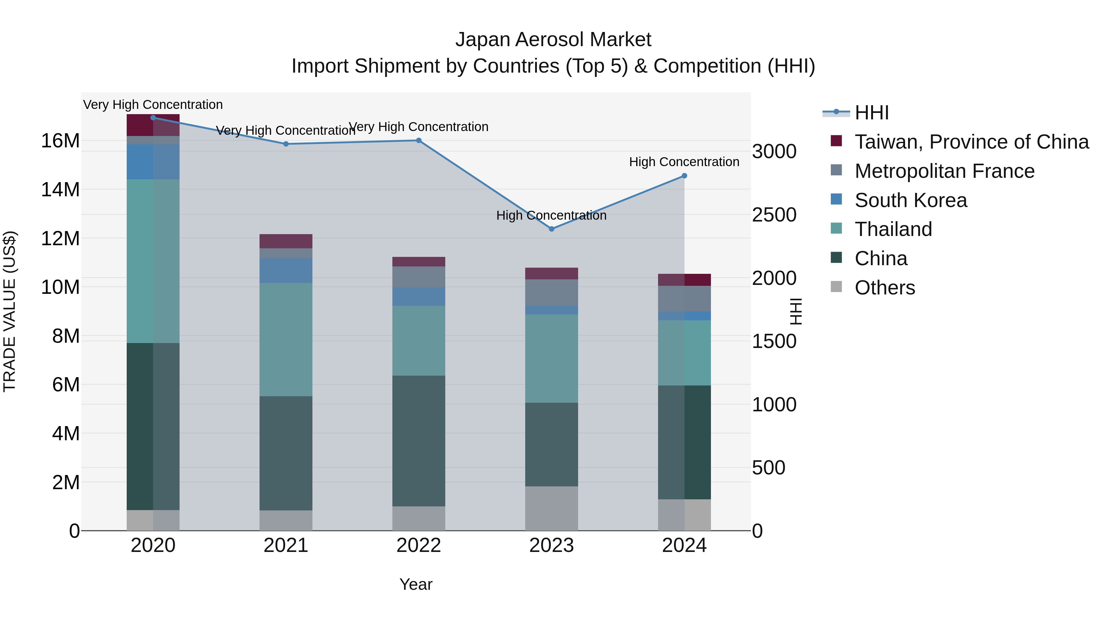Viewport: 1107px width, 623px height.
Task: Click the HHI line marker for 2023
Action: pyautogui.click(x=552, y=229)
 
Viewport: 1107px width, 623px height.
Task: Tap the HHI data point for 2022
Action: pyautogui.click(x=419, y=141)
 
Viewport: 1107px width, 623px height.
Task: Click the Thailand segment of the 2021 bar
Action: pyautogui.click(x=286, y=340)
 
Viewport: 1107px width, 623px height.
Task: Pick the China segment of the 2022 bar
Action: pyautogui.click(x=419, y=441)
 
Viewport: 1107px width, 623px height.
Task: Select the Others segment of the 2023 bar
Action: pyautogui.click(x=552, y=508)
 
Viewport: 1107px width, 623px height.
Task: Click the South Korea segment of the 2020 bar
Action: pyautogui.click(x=153, y=162)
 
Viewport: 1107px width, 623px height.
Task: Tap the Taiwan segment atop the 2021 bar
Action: pyautogui.click(x=286, y=241)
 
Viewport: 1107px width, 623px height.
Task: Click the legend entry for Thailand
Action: pyautogui.click(x=893, y=229)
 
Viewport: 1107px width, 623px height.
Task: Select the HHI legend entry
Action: pyautogui.click(x=871, y=113)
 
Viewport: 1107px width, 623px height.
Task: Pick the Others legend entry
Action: pyautogui.click(x=884, y=288)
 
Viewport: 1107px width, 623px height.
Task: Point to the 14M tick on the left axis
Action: pyautogui.click(x=61, y=190)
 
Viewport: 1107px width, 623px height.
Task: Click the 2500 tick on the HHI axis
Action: pyautogui.click(x=774, y=215)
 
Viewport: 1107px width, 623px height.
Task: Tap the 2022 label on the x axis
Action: pyautogui.click(x=419, y=545)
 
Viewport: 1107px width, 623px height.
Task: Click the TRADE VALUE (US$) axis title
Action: pyautogui.click(x=10, y=311)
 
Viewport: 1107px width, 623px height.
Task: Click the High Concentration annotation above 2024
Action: pyautogui.click(x=684, y=162)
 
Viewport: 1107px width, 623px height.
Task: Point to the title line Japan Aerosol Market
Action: pyautogui.click(x=553, y=40)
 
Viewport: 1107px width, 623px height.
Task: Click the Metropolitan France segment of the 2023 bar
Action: pyautogui.click(x=552, y=292)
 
